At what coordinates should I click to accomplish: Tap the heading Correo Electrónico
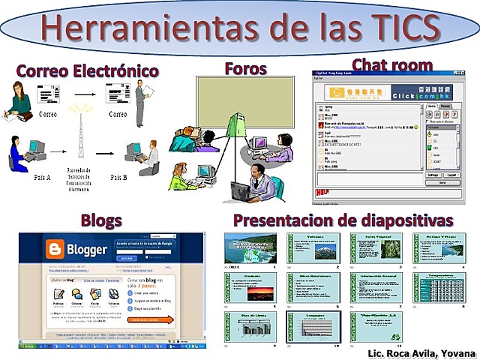pyautogui.click(x=87, y=71)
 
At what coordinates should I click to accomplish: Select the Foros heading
pyautogui.click(x=245, y=69)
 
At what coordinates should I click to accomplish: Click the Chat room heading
pyautogui.click(x=391, y=65)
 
